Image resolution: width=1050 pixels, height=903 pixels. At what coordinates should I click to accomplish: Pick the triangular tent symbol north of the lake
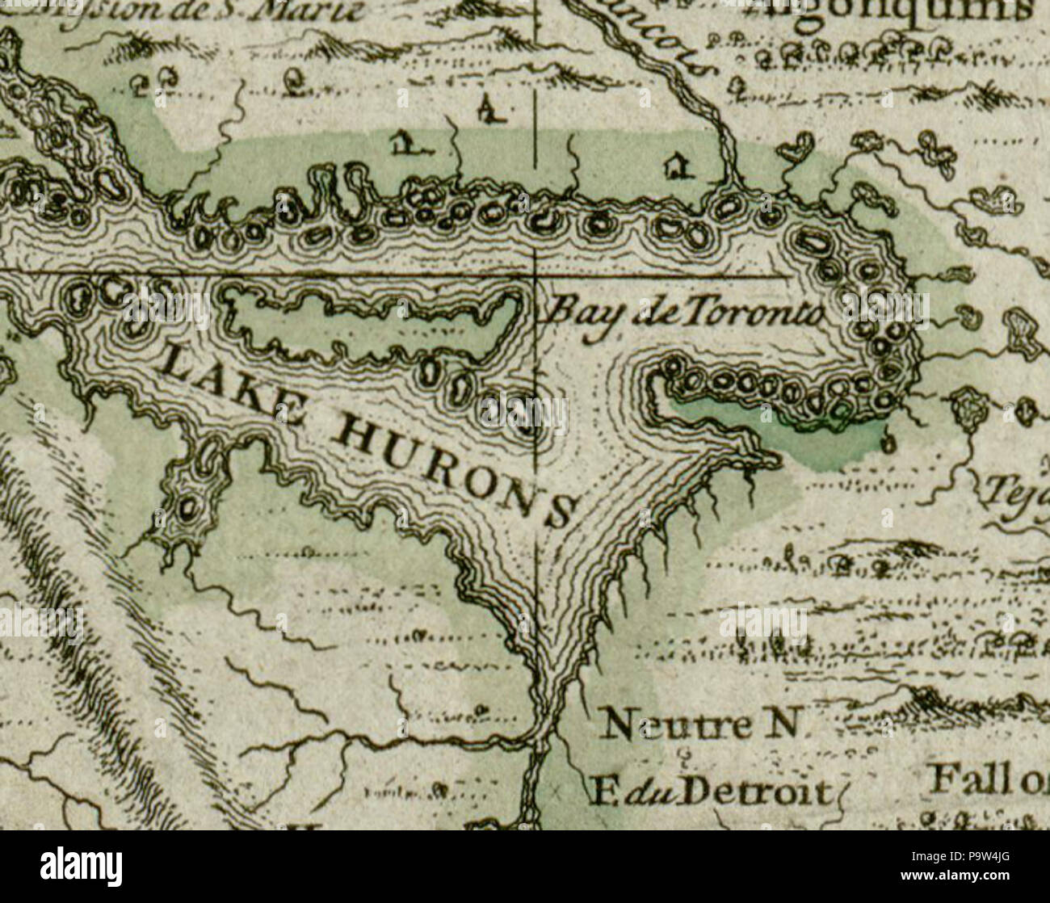487,108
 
